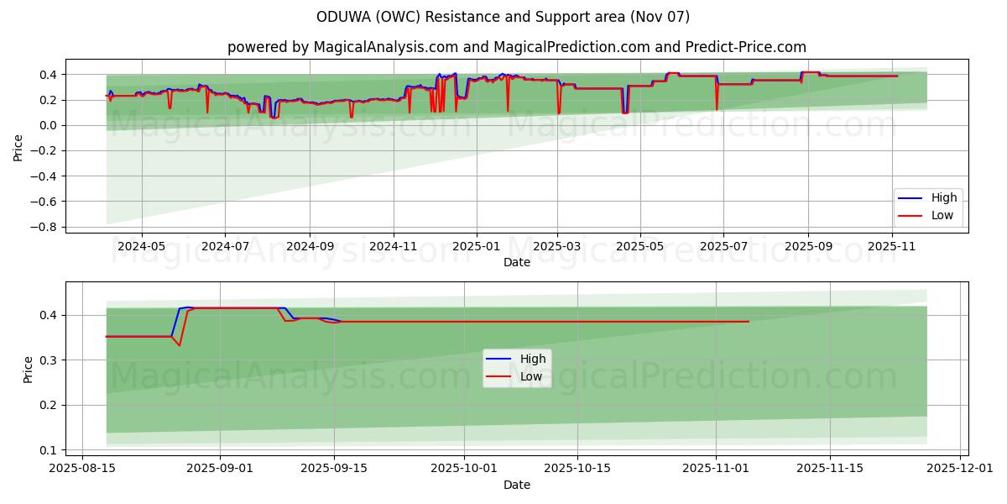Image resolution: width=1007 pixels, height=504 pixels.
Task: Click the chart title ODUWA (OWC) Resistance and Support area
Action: (x=503, y=17)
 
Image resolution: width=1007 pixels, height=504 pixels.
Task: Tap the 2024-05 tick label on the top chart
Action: (x=142, y=247)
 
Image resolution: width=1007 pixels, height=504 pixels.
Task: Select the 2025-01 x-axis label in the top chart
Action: (x=476, y=247)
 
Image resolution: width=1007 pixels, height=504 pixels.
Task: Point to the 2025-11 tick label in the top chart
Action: (x=890, y=247)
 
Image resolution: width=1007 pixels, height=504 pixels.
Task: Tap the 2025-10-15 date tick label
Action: (x=577, y=469)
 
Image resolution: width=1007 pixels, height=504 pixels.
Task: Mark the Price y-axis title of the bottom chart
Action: (x=29, y=370)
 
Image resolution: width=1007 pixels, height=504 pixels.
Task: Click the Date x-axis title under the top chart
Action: (x=517, y=263)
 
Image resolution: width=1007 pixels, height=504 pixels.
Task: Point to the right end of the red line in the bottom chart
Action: (x=749, y=322)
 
